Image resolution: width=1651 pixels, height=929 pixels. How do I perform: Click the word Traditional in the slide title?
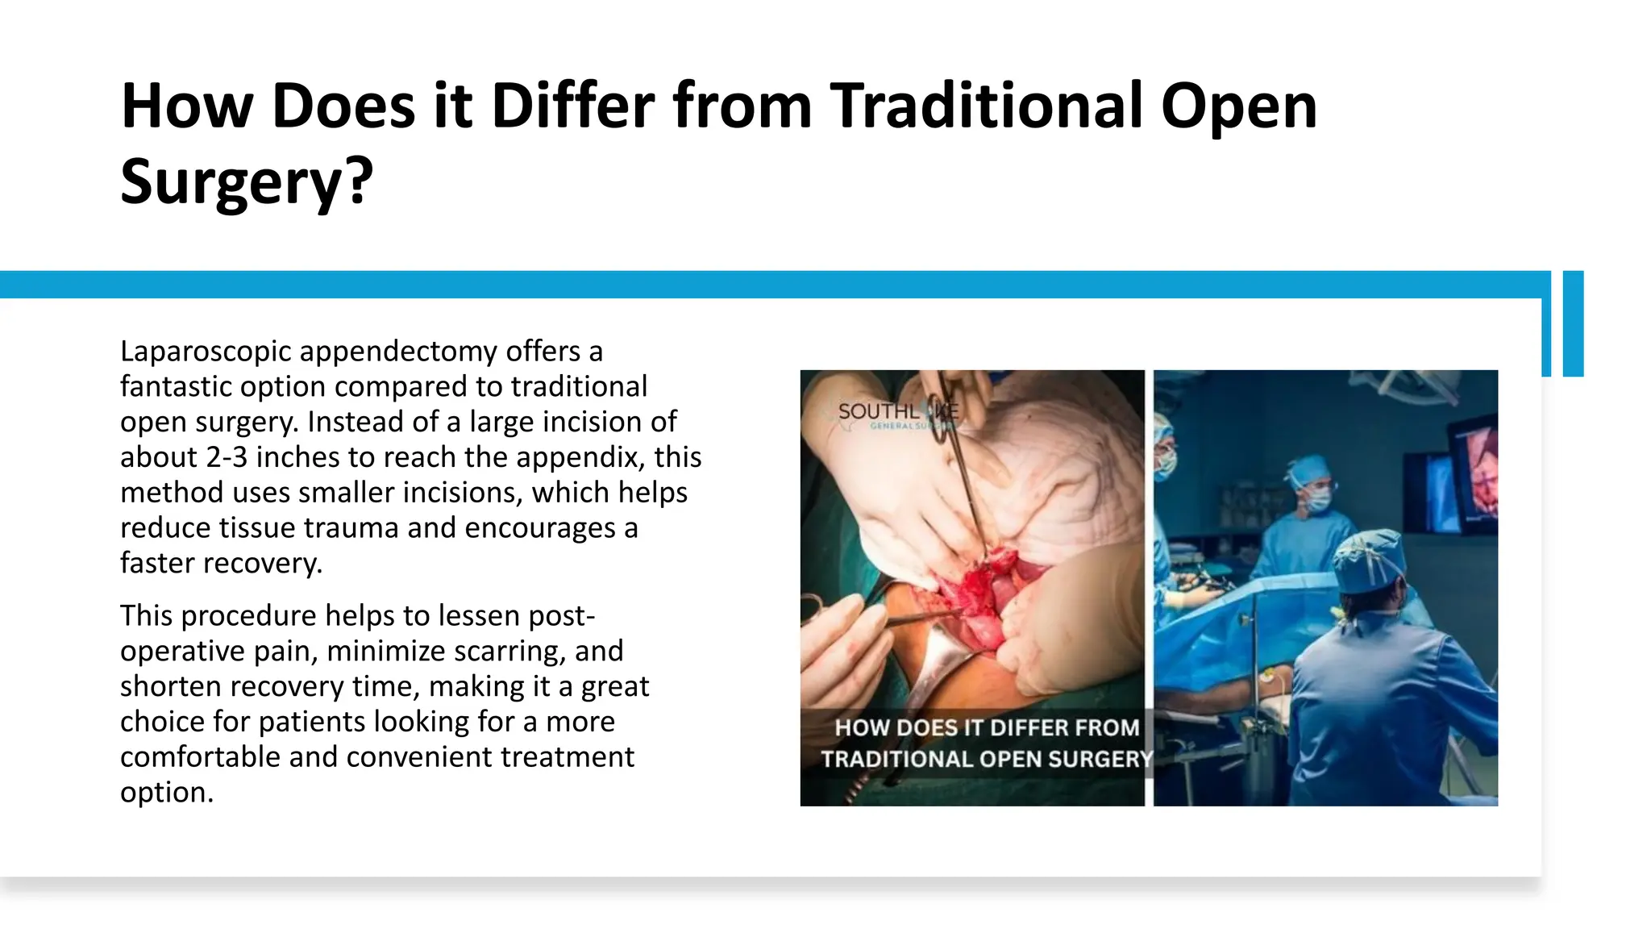(x=987, y=106)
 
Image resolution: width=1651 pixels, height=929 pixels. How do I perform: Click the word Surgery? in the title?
(x=247, y=181)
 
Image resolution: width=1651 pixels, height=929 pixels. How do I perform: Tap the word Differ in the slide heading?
(x=572, y=106)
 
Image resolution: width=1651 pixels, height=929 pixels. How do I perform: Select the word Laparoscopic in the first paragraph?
(x=206, y=352)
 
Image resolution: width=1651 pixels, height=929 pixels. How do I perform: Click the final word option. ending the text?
(x=167, y=792)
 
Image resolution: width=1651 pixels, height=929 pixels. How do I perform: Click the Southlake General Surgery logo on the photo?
(x=896, y=415)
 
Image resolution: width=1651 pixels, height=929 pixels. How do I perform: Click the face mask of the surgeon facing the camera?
(x=1317, y=501)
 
